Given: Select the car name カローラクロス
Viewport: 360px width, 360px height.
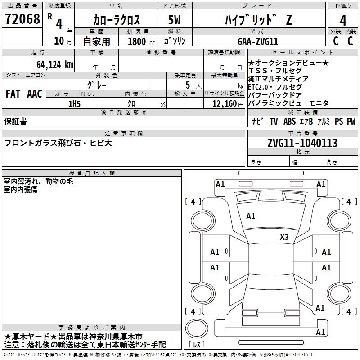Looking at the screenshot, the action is [117, 20].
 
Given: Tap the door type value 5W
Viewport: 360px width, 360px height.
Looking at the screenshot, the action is [174, 20].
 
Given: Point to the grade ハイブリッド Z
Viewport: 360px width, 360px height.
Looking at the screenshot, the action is [255, 20].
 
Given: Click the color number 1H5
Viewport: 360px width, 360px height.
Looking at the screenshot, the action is [74, 103].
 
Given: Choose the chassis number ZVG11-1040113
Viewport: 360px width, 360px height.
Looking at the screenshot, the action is [302, 143].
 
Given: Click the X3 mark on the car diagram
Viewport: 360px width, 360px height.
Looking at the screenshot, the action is [284, 237].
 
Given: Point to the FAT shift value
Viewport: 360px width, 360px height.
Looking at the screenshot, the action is [13, 94].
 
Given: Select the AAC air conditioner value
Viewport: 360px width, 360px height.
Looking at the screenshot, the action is [35, 94].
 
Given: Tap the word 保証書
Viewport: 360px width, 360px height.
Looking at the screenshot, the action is [15, 121].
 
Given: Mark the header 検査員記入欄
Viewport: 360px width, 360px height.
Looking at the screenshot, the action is [92, 173].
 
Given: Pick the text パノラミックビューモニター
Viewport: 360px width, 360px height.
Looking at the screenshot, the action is [292, 103].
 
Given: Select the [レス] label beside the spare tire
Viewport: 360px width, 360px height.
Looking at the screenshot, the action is [197, 345].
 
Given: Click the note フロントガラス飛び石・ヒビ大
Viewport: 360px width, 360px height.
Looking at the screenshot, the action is [58, 143].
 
